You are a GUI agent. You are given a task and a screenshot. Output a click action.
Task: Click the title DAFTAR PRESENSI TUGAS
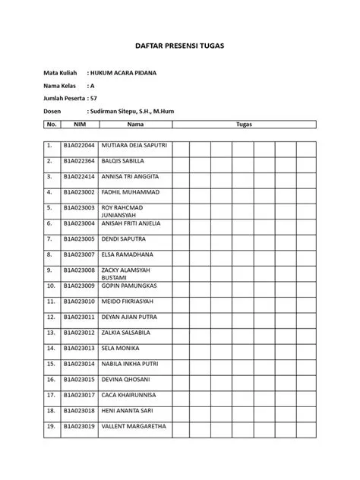(180, 46)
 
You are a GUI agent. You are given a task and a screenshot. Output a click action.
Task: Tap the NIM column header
(79, 123)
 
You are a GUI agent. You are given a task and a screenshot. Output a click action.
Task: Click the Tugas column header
(244, 123)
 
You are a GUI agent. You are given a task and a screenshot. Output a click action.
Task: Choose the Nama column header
(135, 123)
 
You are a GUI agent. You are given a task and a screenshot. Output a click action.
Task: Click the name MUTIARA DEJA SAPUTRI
(134, 145)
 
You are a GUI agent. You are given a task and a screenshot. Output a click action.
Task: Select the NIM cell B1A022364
(79, 161)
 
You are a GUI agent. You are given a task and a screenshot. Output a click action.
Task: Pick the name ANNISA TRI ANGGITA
(130, 176)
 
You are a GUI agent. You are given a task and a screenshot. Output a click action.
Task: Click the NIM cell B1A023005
(79, 238)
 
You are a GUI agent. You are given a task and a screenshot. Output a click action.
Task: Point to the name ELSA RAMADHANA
(127, 254)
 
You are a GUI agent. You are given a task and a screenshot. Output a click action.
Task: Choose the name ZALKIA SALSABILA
(126, 332)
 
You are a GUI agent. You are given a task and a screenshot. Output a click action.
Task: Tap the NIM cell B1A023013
(79, 348)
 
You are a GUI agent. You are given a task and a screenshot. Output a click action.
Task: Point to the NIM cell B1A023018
(79, 410)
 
